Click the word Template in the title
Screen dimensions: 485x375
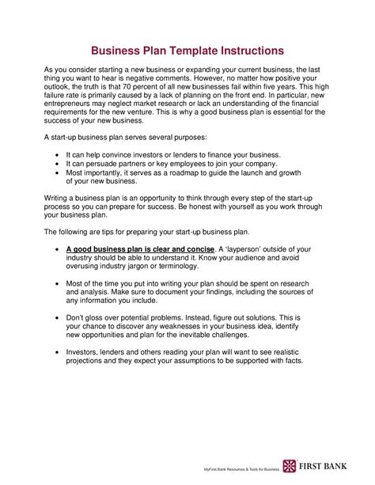coord(187,50)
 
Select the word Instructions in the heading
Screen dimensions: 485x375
coord(244,50)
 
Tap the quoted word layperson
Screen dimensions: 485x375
coord(244,249)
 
